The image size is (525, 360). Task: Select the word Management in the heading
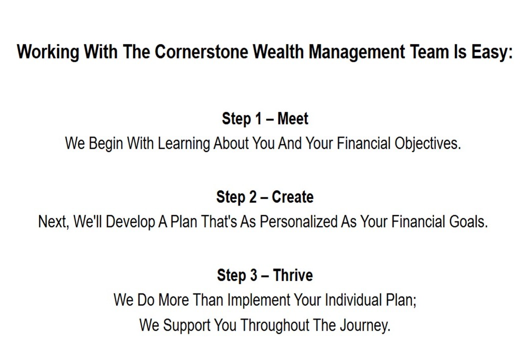[356, 52]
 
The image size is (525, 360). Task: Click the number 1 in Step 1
[258, 118]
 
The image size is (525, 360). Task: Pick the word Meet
[293, 118]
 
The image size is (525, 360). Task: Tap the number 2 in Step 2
[253, 197]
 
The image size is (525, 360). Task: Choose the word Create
[292, 197]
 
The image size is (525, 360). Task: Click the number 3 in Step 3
[253, 275]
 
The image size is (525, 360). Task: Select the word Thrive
[293, 275]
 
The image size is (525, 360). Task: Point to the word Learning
[183, 144]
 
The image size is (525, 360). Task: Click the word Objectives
[427, 144]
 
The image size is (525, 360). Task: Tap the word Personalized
[298, 221]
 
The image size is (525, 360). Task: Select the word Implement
[258, 300]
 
